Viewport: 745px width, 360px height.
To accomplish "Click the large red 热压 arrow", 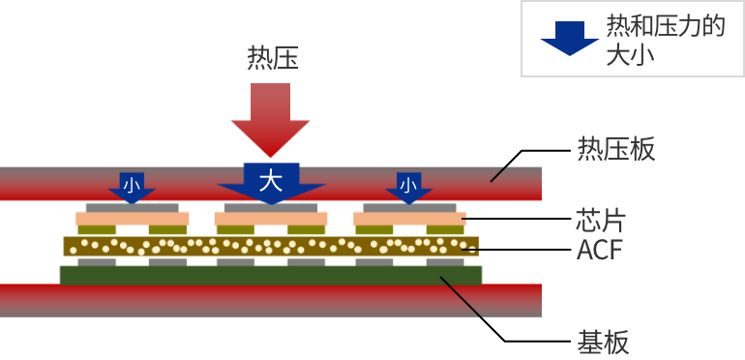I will (270, 116).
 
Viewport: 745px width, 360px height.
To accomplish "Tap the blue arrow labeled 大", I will (271, 182).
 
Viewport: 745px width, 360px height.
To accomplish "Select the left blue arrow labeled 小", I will (132, 187).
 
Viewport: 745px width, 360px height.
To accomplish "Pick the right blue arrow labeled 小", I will (408, 187).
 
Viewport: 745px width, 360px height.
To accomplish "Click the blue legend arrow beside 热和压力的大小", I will (570, 37).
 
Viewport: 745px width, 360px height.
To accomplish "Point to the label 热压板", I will (616, 149).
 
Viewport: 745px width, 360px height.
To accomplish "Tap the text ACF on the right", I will (599, 250).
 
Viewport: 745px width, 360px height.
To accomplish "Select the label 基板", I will (603, 342).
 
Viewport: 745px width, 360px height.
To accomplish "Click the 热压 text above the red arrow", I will (273, 58).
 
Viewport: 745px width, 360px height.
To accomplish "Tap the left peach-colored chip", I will (132, 219).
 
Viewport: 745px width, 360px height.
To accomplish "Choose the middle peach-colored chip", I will (271, 219).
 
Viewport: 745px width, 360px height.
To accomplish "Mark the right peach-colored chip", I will (408, 219).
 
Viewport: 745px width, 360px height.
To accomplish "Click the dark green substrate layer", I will (271, 276).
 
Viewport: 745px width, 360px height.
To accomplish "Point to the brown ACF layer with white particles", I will (271, 246).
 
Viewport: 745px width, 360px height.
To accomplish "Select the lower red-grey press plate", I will (271, 301).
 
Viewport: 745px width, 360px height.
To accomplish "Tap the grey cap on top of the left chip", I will (132, 207).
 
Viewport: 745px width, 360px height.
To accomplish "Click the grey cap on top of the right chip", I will (408, 207).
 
